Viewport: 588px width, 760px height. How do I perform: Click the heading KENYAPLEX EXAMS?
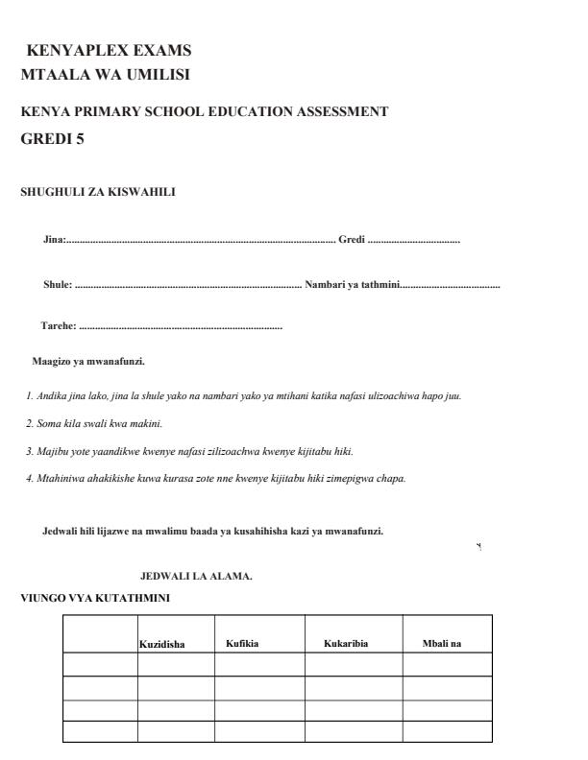tap(109, 51)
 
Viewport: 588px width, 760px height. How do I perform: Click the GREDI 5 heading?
tap(53, 139)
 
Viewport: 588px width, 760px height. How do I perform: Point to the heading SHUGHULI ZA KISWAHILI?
tap(97, 192)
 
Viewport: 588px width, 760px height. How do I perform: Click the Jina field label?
tap(54, 239)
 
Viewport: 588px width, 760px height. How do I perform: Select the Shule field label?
tap(58, 285)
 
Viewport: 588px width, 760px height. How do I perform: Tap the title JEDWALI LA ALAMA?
tap(196, 577)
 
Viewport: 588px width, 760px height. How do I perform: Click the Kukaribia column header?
tap(346, 642)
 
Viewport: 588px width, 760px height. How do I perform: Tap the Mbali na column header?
tap(441, 642)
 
